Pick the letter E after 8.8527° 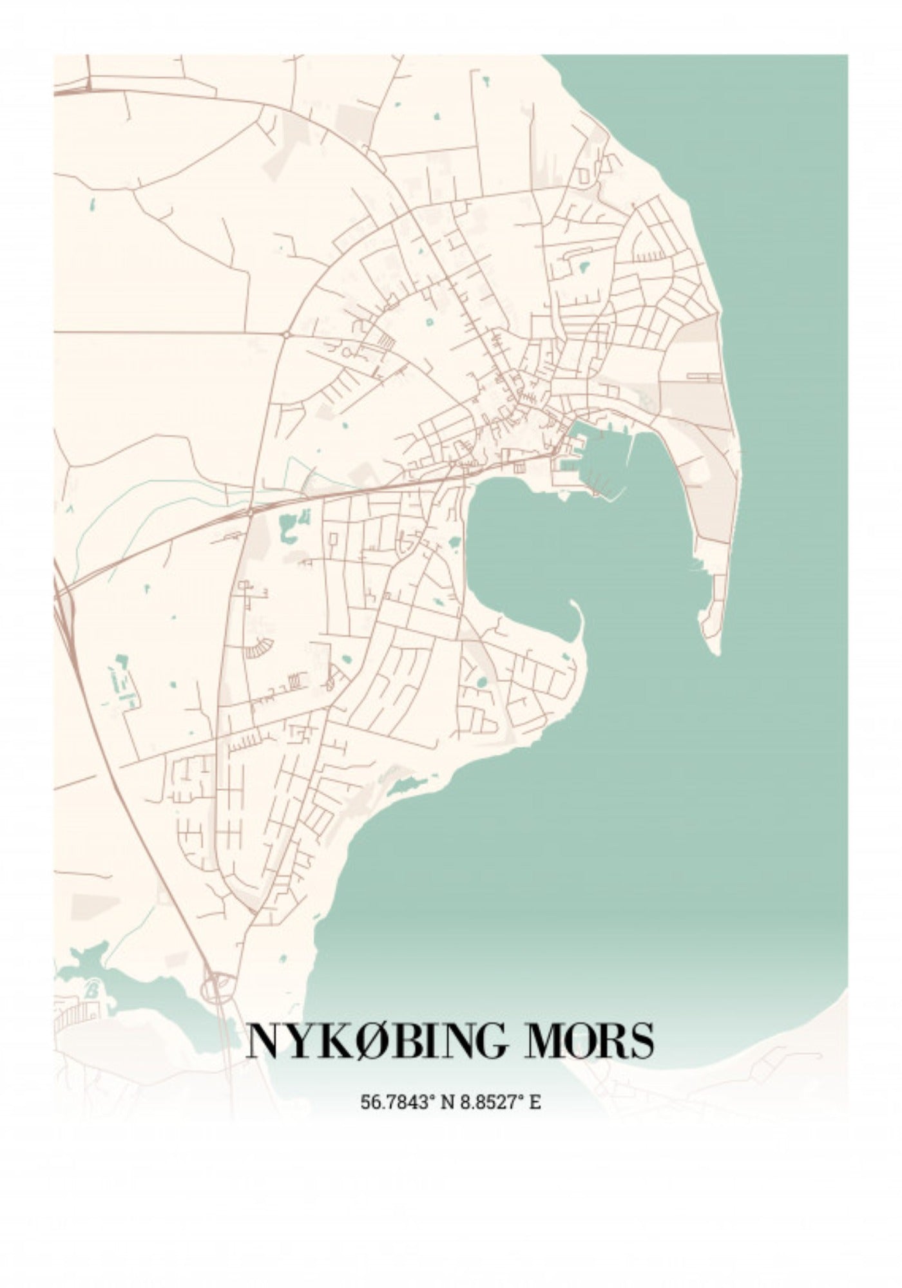[x=535, y=1102]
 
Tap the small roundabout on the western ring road [x=284, y=334]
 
